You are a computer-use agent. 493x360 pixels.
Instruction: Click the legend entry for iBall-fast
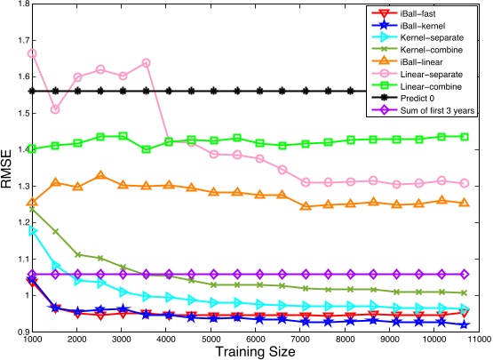coord(417,14)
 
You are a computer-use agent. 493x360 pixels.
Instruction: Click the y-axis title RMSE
coord(8,168)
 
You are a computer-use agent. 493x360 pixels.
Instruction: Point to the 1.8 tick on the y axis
coord(19,4)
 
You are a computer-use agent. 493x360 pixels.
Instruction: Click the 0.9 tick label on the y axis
coord(19,332)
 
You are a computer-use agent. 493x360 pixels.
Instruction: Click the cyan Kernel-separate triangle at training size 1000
coord(33,230)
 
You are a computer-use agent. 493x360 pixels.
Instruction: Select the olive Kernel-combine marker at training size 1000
coord(33,208)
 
